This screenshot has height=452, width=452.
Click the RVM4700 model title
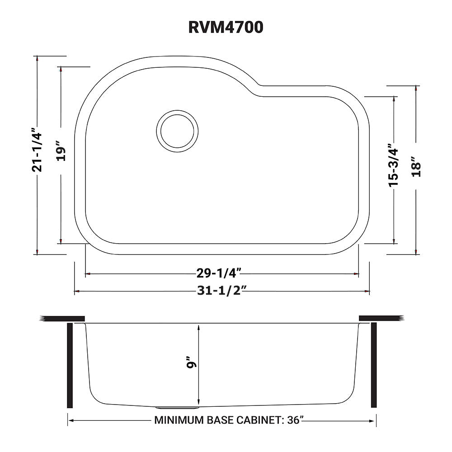(226, 28)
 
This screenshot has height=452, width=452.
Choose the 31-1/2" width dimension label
(221, 291)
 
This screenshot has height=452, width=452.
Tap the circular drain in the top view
(177, 132)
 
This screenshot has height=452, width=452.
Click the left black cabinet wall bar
(70, 365)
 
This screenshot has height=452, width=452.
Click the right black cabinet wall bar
(373, 365)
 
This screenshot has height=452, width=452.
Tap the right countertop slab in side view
(380, 318)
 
